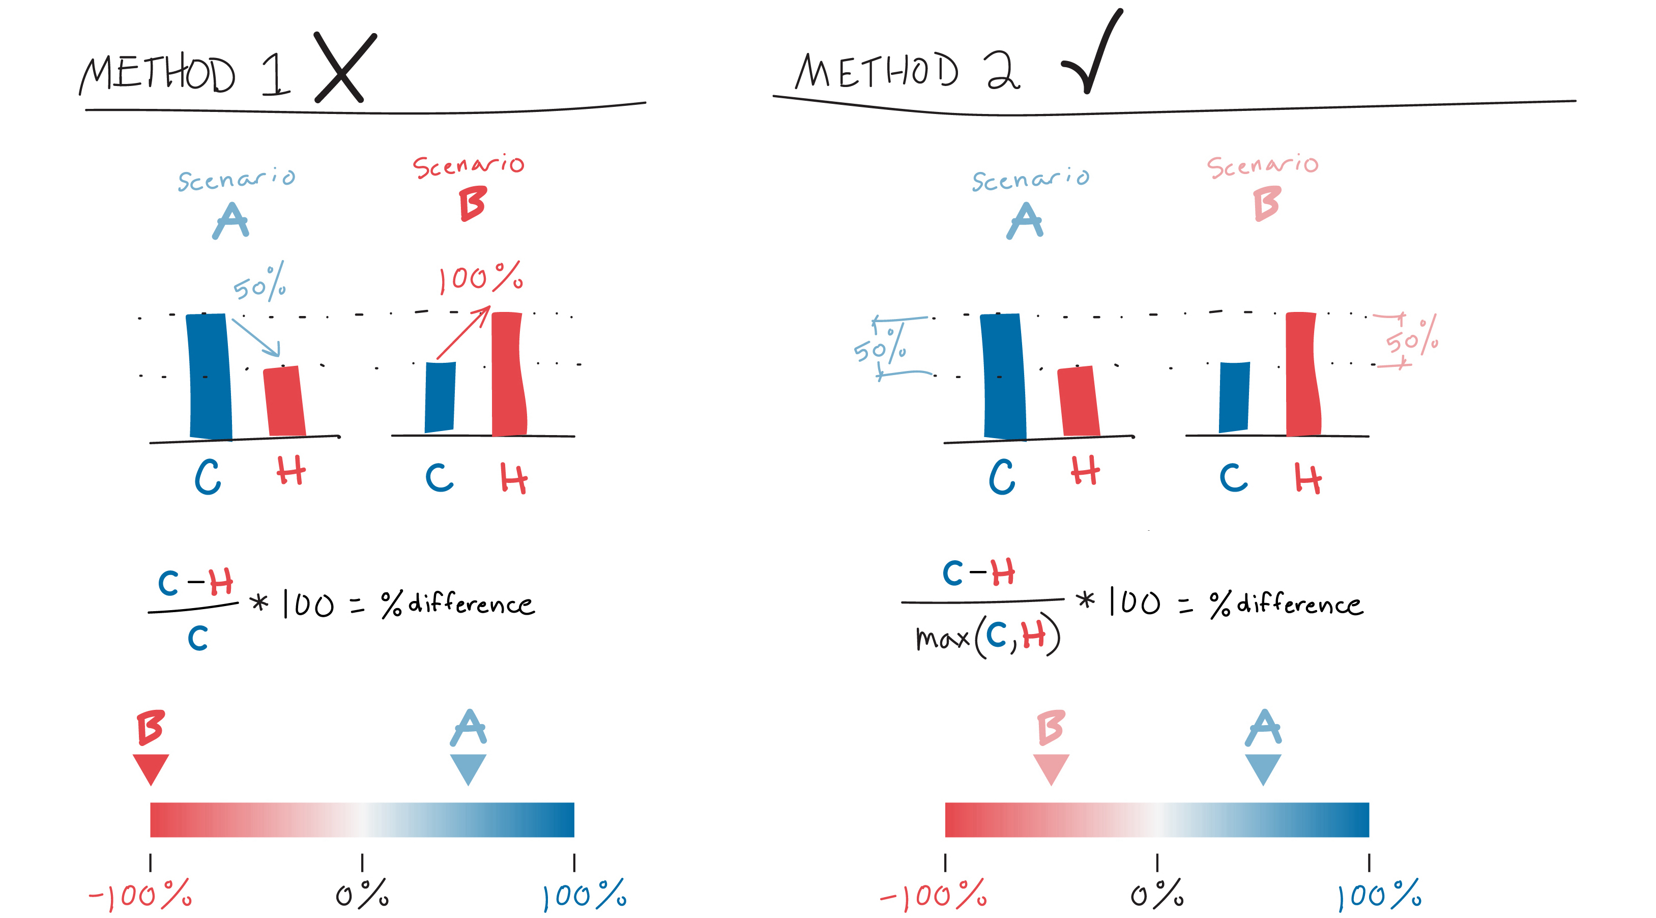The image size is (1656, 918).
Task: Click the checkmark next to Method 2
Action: click(1093, 54)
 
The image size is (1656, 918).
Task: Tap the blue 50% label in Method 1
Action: click(260, 283)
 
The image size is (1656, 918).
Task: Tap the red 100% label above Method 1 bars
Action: click(481, 278)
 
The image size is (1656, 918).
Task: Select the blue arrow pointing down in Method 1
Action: click(256, 337)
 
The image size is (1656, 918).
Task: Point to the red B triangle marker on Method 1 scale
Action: click(151, 768)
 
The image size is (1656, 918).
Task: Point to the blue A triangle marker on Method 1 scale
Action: click(468, 768)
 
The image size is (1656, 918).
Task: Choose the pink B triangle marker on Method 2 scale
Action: click(1051, 768)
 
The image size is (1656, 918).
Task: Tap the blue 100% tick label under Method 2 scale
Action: click(1378, 895)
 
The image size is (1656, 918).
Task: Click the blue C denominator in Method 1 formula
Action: click(198, 638)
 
